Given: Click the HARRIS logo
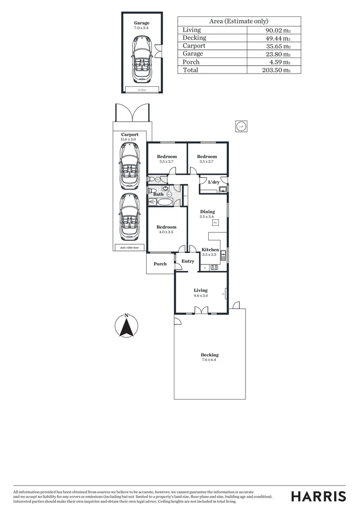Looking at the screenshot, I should pos(318,496).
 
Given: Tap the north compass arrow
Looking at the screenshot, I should pos(126,326).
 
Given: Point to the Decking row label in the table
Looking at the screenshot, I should pos(194,38).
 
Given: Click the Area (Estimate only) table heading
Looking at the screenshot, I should pos(238,21).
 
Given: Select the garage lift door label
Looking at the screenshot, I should pos(142,90).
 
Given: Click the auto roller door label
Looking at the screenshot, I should pos(129,247).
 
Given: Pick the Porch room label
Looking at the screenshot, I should pos(160,264).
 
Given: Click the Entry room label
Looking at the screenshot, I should pos(188,262).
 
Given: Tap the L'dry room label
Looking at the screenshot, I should pos(214,182).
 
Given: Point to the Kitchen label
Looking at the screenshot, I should pos(210,250).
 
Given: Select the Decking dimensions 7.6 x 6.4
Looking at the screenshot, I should pos(209,360).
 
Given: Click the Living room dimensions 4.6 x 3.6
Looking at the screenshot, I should pos(200,296).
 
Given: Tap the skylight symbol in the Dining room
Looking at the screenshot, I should pos(215,222).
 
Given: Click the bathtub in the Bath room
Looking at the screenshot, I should pos(161,203).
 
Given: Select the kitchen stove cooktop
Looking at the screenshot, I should pos(214,267).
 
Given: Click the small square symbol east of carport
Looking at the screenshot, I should pos(241,126).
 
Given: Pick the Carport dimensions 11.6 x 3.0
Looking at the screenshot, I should pos(129,140).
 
